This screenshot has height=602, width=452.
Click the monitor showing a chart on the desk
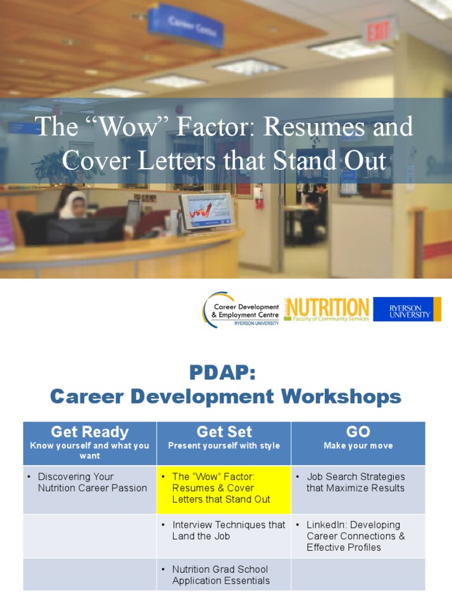click(x=207, y=211)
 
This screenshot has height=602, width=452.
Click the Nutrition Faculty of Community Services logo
click(x=327, y=309)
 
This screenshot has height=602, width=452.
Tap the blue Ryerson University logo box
click(x=407, y=309)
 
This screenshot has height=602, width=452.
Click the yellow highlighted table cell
click(x=224, y=489)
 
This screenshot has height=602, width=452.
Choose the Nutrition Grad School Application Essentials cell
click(x=224, y=575)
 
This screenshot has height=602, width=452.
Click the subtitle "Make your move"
click(x=358, y=446)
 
